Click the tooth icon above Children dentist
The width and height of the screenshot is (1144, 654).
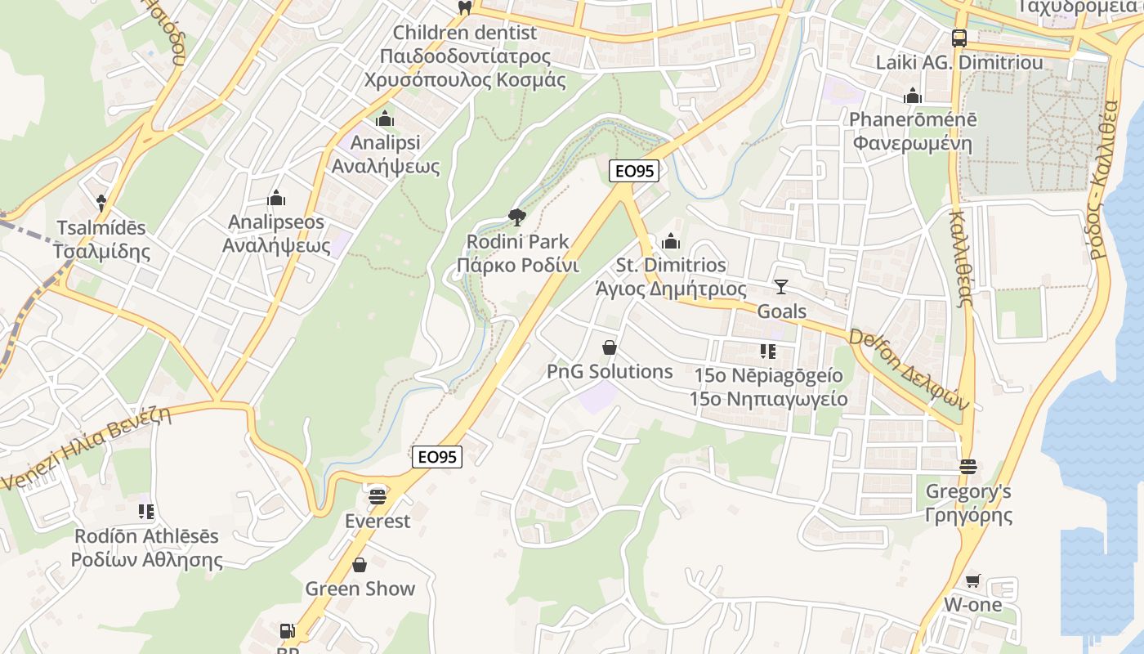[x=465, y=7]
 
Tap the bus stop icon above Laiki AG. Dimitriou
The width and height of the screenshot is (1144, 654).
[x=959, y=38]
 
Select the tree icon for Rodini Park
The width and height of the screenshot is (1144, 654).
[x=516, y=217]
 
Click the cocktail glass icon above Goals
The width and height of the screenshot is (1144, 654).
[x=781, y=287]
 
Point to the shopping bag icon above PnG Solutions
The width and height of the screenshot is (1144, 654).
[x=609, y=347]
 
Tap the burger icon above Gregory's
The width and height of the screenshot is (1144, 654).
[x=968, y=467]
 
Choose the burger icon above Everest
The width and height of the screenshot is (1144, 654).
[x=377, y=495]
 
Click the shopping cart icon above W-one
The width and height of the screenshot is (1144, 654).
[x=972, y=580]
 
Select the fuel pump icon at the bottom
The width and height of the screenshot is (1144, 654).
[x=287, y=631]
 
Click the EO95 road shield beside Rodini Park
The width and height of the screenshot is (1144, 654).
[x=634, y=171]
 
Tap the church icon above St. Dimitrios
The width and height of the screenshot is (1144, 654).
[x=671, y=241]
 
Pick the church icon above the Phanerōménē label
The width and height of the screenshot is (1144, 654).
[x=913, y=96]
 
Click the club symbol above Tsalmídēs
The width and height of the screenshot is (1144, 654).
[x=101, y=202]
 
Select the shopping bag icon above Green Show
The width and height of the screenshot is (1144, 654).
[x=360, y=565]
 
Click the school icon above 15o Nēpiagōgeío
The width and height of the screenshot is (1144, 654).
[x=767, y=352]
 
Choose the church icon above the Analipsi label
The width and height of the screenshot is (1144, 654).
[x=385, y=119]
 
